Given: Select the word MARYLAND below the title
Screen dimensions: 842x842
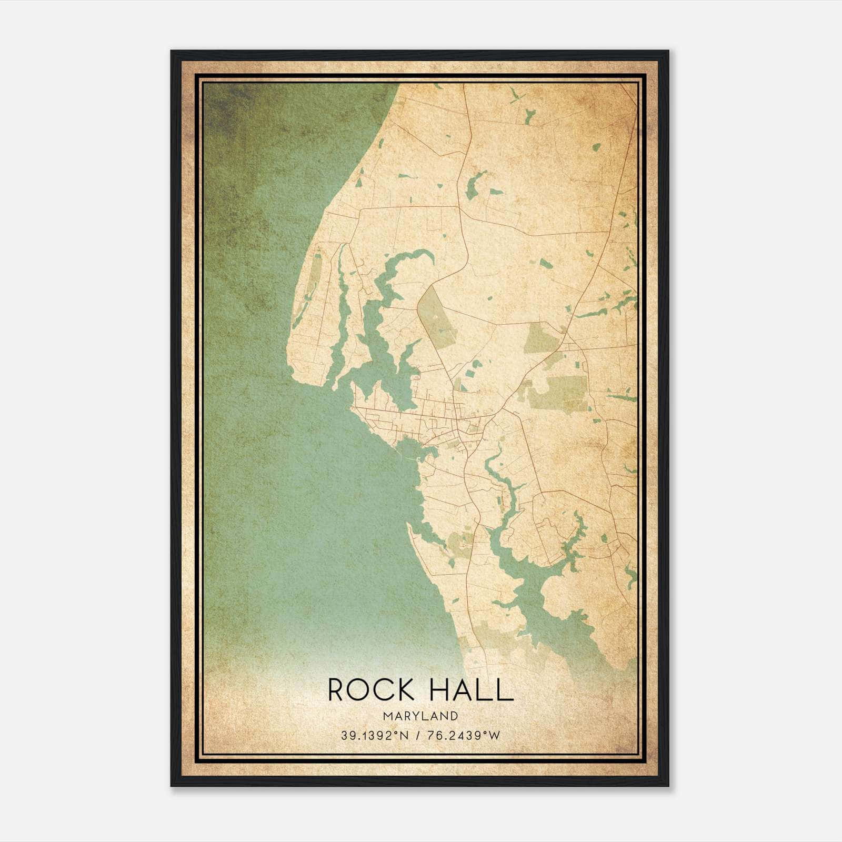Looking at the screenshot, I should tap(420, 716).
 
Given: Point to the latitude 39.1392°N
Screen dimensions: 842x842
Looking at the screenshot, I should tap(374, 736).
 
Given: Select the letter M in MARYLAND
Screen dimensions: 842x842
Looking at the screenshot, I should tap(387, 716).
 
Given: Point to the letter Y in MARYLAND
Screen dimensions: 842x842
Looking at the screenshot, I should tap(414, 716).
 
